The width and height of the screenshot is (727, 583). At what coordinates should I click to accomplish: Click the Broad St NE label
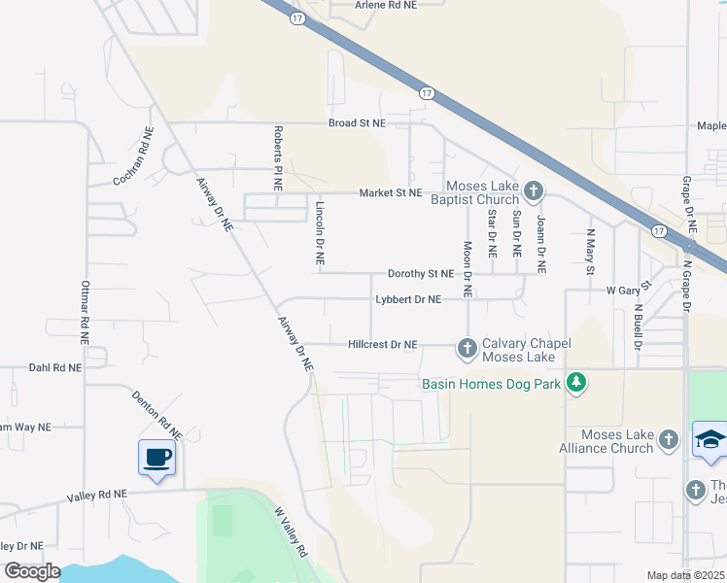[357, 123]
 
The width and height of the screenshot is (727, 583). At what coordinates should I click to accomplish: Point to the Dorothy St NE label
[421, 274]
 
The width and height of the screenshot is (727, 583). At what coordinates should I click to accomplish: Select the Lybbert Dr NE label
[408, 299]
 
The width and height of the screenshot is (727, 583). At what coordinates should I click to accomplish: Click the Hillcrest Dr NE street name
[382, 344]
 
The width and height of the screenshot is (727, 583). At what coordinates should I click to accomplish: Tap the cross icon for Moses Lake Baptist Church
[533, 189]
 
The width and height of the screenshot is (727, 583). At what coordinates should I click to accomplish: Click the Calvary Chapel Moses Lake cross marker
[467, 347]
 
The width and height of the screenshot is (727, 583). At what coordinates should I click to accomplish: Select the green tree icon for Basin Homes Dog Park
[576, 382]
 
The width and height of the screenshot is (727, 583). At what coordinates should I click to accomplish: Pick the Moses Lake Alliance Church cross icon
[668, 440]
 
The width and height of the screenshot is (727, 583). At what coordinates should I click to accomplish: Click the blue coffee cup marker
[157, 458]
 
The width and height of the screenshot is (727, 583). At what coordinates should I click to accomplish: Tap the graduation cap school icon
[710, 439]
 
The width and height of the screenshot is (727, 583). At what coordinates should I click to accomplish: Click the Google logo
[32, 570]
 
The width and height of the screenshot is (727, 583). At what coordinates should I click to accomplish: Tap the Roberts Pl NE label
[278, 157]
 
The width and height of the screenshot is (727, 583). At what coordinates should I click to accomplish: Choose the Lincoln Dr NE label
[319, 233]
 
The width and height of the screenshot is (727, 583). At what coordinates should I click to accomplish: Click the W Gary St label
[627, 290]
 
